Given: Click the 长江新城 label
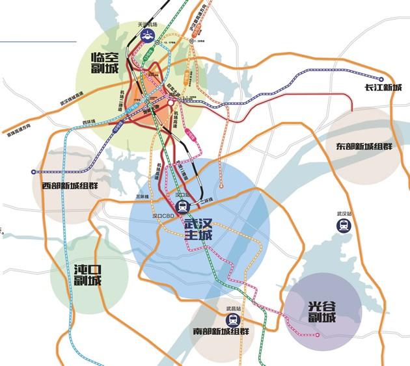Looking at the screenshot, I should [x=383, y=88].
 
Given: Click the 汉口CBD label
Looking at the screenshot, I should [x=164, y=215].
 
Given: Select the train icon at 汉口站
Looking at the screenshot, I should [x=184, y=206].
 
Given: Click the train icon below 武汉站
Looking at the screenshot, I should [x=343, y=225].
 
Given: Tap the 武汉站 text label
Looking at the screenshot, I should [x=344, y=213].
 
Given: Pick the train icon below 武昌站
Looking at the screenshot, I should [x=232, y=319].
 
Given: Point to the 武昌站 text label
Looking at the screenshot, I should [x=233, y=307].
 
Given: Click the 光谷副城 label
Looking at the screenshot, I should [x=322, y=311].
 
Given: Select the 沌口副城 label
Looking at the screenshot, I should [x=88, y=274].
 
